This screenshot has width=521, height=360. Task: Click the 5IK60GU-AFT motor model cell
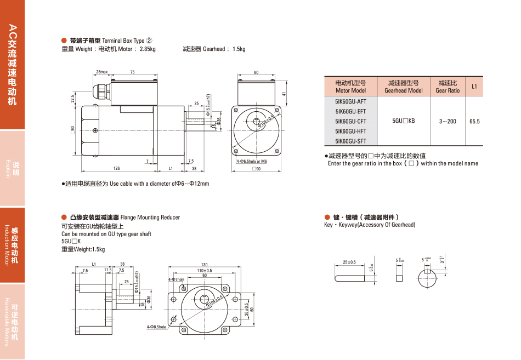point(350,101)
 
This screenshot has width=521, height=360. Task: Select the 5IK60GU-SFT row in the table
point(350,141)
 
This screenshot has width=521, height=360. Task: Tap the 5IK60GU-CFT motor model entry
point(350,121)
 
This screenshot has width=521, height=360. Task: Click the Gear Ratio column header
point(448,87)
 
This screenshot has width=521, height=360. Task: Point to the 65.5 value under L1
point(474,121)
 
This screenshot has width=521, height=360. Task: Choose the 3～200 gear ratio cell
point(448,121)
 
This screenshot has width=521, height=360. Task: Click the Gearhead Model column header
point(403,87)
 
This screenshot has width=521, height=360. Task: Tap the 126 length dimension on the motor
point(116,168)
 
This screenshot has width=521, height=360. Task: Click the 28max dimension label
point(101,72)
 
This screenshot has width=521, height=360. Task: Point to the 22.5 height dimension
point(72,99)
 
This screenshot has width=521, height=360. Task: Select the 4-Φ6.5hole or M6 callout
point(252,162)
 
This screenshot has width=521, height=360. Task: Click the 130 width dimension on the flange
point(205,265)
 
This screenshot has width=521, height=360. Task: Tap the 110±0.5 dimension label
point(205,270)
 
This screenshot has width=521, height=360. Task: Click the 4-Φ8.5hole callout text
point(156,327)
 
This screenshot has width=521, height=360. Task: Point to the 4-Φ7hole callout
point(176,279)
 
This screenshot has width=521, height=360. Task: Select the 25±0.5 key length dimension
point(349,262)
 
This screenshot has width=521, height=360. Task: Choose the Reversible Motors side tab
point(12,322)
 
